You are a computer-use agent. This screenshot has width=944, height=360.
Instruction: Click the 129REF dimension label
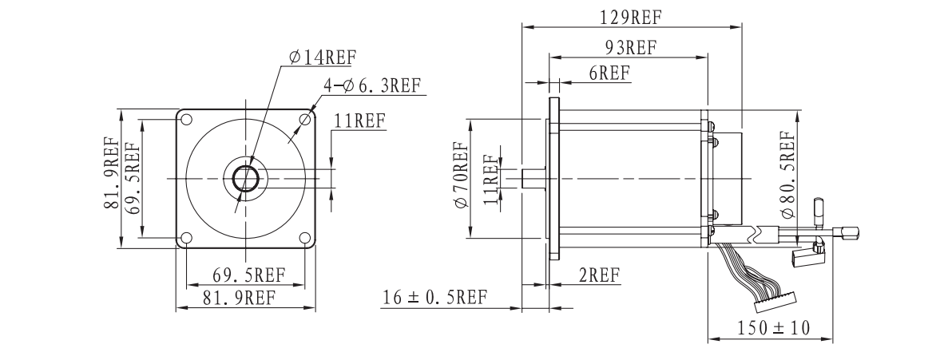click(x=631, y=17)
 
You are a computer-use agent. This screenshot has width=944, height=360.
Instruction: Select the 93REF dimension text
click(x=629, y=47)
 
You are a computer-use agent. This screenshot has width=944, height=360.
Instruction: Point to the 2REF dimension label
click(x=599, y=275)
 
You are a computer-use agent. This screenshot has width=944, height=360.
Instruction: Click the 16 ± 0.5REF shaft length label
click(x=434, y=298)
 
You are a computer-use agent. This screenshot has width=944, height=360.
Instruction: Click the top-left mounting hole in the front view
click(x=186, y=120)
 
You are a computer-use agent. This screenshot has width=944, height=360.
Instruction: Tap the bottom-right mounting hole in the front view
click(x=305, y=238)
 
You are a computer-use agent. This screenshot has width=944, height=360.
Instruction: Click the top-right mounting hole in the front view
click(x=305, y=120)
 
